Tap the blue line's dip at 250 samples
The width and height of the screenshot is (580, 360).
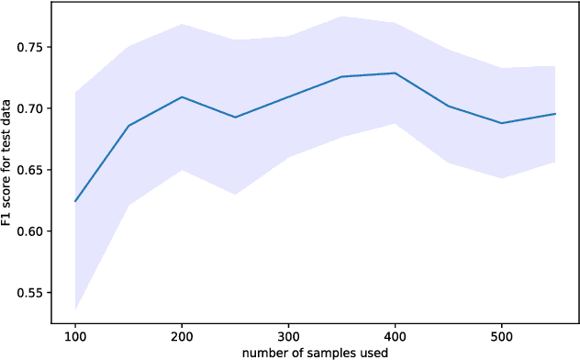(x=235, y=117)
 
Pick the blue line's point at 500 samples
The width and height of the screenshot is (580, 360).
(x=501, y=123)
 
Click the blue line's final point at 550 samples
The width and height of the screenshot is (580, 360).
(x=554, y=114)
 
